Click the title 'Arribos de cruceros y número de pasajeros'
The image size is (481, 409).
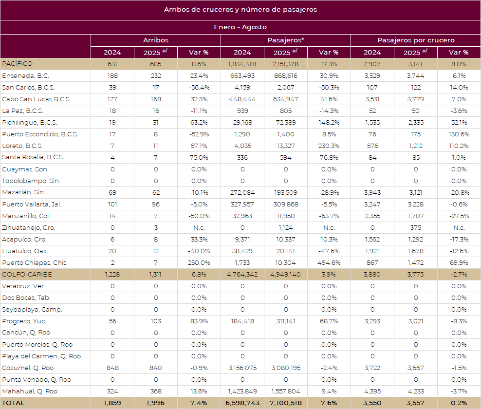coord(240,10)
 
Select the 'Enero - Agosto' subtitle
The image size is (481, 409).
coord(240,27)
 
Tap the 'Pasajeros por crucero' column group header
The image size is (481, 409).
coord(416,40)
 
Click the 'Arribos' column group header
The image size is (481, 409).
coord(156,40)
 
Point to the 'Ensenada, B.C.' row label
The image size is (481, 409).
coord(26,75)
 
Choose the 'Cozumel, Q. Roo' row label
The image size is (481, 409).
coord(28,368)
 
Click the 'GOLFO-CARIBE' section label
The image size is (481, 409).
coord(27,274)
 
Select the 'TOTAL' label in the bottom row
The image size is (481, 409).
coord(14,403)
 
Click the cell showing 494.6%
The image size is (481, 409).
coord(329,262)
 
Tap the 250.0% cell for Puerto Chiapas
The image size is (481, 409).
coord(199,262)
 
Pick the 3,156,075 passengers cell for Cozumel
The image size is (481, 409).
coord(242,368)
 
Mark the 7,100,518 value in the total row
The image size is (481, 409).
coord(286,403)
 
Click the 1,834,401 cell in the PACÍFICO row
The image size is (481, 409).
coord(242,64)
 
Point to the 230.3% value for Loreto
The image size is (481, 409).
coord(329,146)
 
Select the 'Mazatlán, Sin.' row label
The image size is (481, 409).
coord(23,192)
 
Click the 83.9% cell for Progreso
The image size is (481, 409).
coord(199,321)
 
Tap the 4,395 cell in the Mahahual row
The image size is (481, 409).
coord(372,391)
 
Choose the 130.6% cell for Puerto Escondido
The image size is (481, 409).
coord(459,134)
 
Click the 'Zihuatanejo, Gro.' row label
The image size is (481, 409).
coord(29,227)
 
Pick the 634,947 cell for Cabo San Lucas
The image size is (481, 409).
coord(286,99)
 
